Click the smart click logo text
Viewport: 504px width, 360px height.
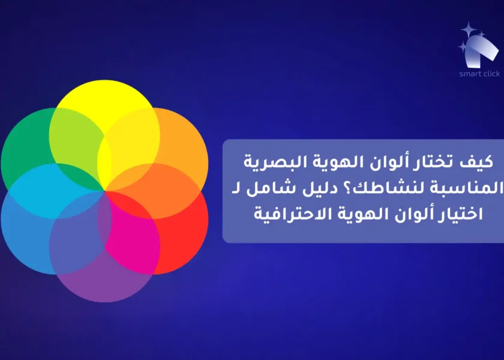click(479, 74)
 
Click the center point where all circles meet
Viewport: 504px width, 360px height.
click(105, 191)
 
